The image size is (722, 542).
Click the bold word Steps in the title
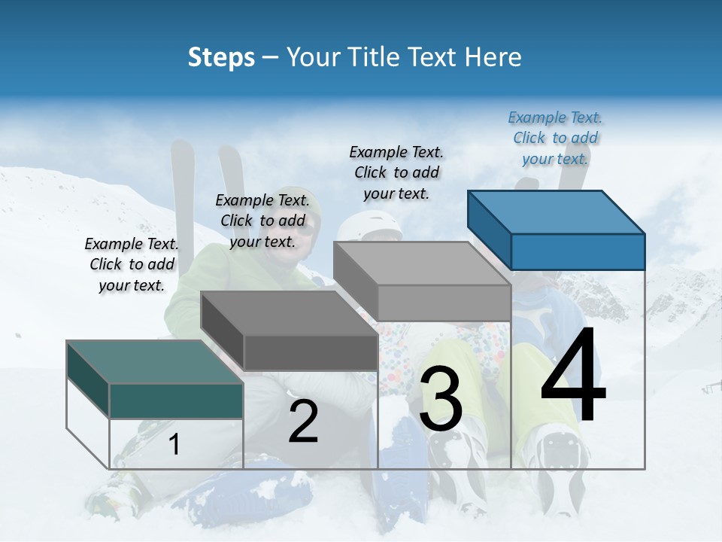[221, 57]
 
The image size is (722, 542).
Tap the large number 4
[573, 376]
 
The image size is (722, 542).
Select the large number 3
[441, 398]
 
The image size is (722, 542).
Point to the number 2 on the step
[303, 422]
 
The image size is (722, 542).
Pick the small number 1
[174, 444]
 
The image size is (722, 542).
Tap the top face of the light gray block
[422, 263]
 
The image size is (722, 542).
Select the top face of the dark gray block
[289, 313]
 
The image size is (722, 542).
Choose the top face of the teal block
[155, 362]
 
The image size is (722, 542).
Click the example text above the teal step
[132, 264]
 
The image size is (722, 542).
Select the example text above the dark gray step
[262, 221]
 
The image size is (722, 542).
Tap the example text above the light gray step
[396, 172]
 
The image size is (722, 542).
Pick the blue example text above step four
[555, 138]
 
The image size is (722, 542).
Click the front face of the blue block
[578, 251]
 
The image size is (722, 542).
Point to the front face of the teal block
[176, 400]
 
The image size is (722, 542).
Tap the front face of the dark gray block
[311, 352]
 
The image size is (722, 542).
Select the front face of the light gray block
[444, 303]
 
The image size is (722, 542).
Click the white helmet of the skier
[371, 224]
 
